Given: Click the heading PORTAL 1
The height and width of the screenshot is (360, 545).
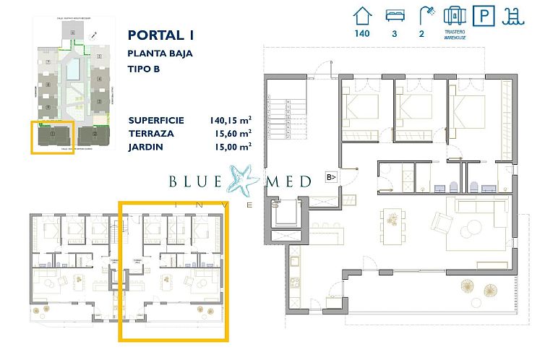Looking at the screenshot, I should point(160,35).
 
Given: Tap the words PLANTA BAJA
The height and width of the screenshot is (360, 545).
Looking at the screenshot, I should point(160,53).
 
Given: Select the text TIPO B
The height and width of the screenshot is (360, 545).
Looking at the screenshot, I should point(143,69).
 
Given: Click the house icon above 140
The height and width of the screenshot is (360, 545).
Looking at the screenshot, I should point(362,14).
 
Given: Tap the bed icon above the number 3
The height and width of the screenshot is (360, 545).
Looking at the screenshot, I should point(395,14).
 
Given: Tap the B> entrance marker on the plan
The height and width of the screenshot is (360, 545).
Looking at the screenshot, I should point(331,176).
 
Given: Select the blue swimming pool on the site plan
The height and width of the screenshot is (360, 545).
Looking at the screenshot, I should point(73,70).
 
